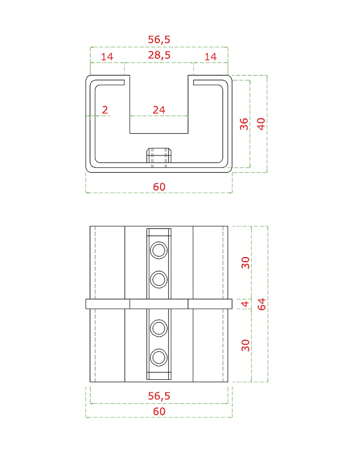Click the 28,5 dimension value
click(x=159, y=55)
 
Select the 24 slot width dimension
click(x=159, y=110)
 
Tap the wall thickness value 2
click(x=105, y=110)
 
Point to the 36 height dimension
click(x=244, y=124)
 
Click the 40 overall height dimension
click(x=261, y=124)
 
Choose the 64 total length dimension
click(x=261, y=304)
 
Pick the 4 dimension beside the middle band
click(x=245, y=304)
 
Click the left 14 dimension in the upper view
click(x=107, y=57)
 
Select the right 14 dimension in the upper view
click(x=211, y=57)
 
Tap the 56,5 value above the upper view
click(x=159, y=39)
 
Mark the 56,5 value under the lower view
click(x=159, y=396)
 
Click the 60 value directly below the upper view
click(x=159, y=187)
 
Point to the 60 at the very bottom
click(x=159, y=411)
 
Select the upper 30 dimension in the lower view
click(x=245, y=263)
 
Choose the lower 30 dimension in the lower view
click(x=245, y=345)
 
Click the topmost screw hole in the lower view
click(x=159, y=250)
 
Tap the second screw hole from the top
click(x=159, y=279)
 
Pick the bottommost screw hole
click(x=159, y=358)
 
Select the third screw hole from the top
click(x=159, y=328)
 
